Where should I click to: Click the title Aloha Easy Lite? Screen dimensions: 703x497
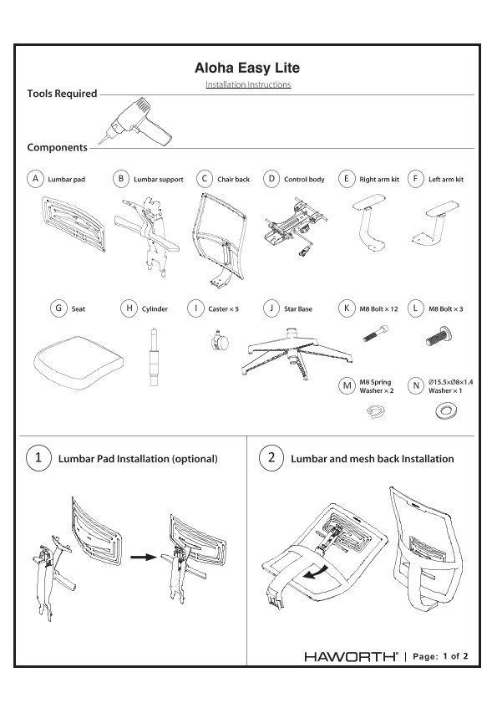click(248, 68)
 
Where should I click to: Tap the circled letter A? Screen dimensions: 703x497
click(34, 179)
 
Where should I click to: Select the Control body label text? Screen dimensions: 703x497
click(304, 180)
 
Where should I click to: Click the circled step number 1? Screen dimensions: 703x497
click(36, 458)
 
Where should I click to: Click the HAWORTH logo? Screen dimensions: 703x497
click(351, 657)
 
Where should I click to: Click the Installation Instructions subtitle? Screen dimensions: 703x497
click(248, 85)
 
